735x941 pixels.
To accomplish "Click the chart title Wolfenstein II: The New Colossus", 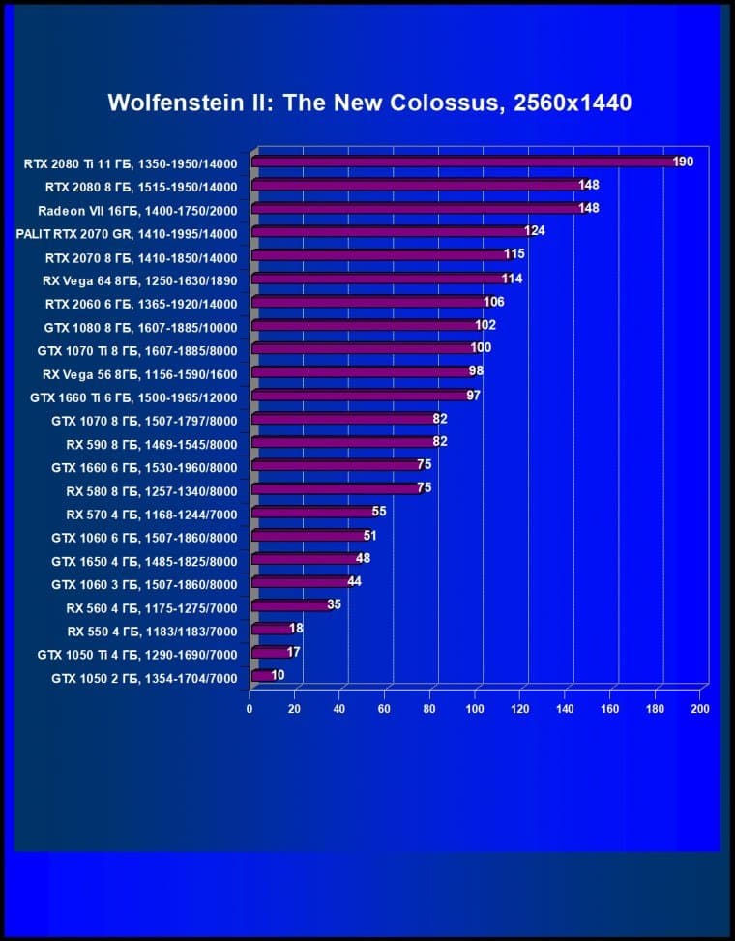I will [x=369, y=103].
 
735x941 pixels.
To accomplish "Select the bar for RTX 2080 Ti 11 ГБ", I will [x=464, y=162].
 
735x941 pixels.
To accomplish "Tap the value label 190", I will [x=683, y=162].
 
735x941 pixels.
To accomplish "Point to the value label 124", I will [x=535, y=232].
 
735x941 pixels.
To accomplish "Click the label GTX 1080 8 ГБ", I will [x=140, y=326].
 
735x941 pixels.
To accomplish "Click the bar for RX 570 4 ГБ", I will [x=311, y=513].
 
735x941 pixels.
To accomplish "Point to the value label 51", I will [x=369, y=536].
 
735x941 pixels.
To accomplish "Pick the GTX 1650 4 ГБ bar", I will [x=304, y=559].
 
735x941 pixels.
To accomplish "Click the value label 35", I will [x=334, y=605].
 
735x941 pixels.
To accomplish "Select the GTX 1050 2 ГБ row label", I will [x=144, y=679].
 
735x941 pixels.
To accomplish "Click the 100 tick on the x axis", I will [x=475, y=709].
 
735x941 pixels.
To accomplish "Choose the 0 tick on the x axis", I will [x=250, y=709].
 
